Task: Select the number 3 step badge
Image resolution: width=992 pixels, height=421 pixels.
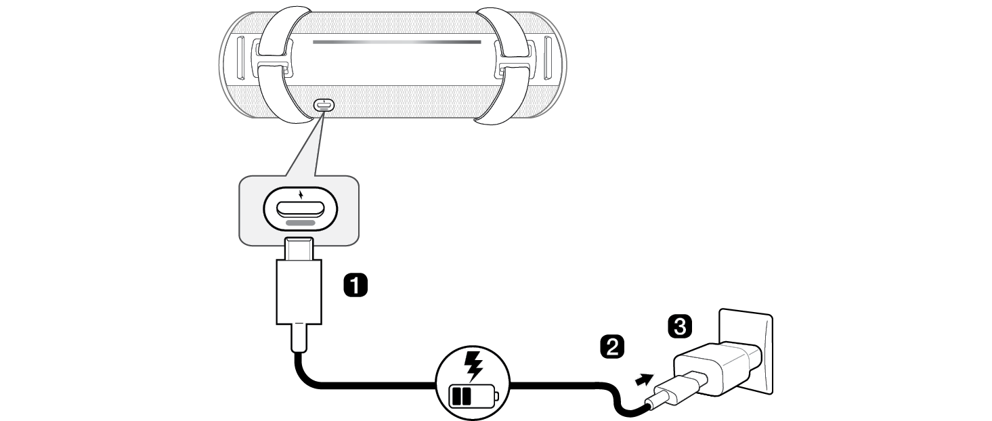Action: click(x=679, y=327)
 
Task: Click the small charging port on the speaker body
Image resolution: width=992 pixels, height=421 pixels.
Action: click(x=324, y=106)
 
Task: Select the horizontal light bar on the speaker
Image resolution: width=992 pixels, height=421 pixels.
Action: click(x=397, y=42)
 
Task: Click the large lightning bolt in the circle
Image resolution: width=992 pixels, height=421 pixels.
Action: click(x=473, y=365)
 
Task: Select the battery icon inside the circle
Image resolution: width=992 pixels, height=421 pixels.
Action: click(x=473, y=395)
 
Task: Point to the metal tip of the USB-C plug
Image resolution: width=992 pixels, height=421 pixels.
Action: click(x=298, y=250)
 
